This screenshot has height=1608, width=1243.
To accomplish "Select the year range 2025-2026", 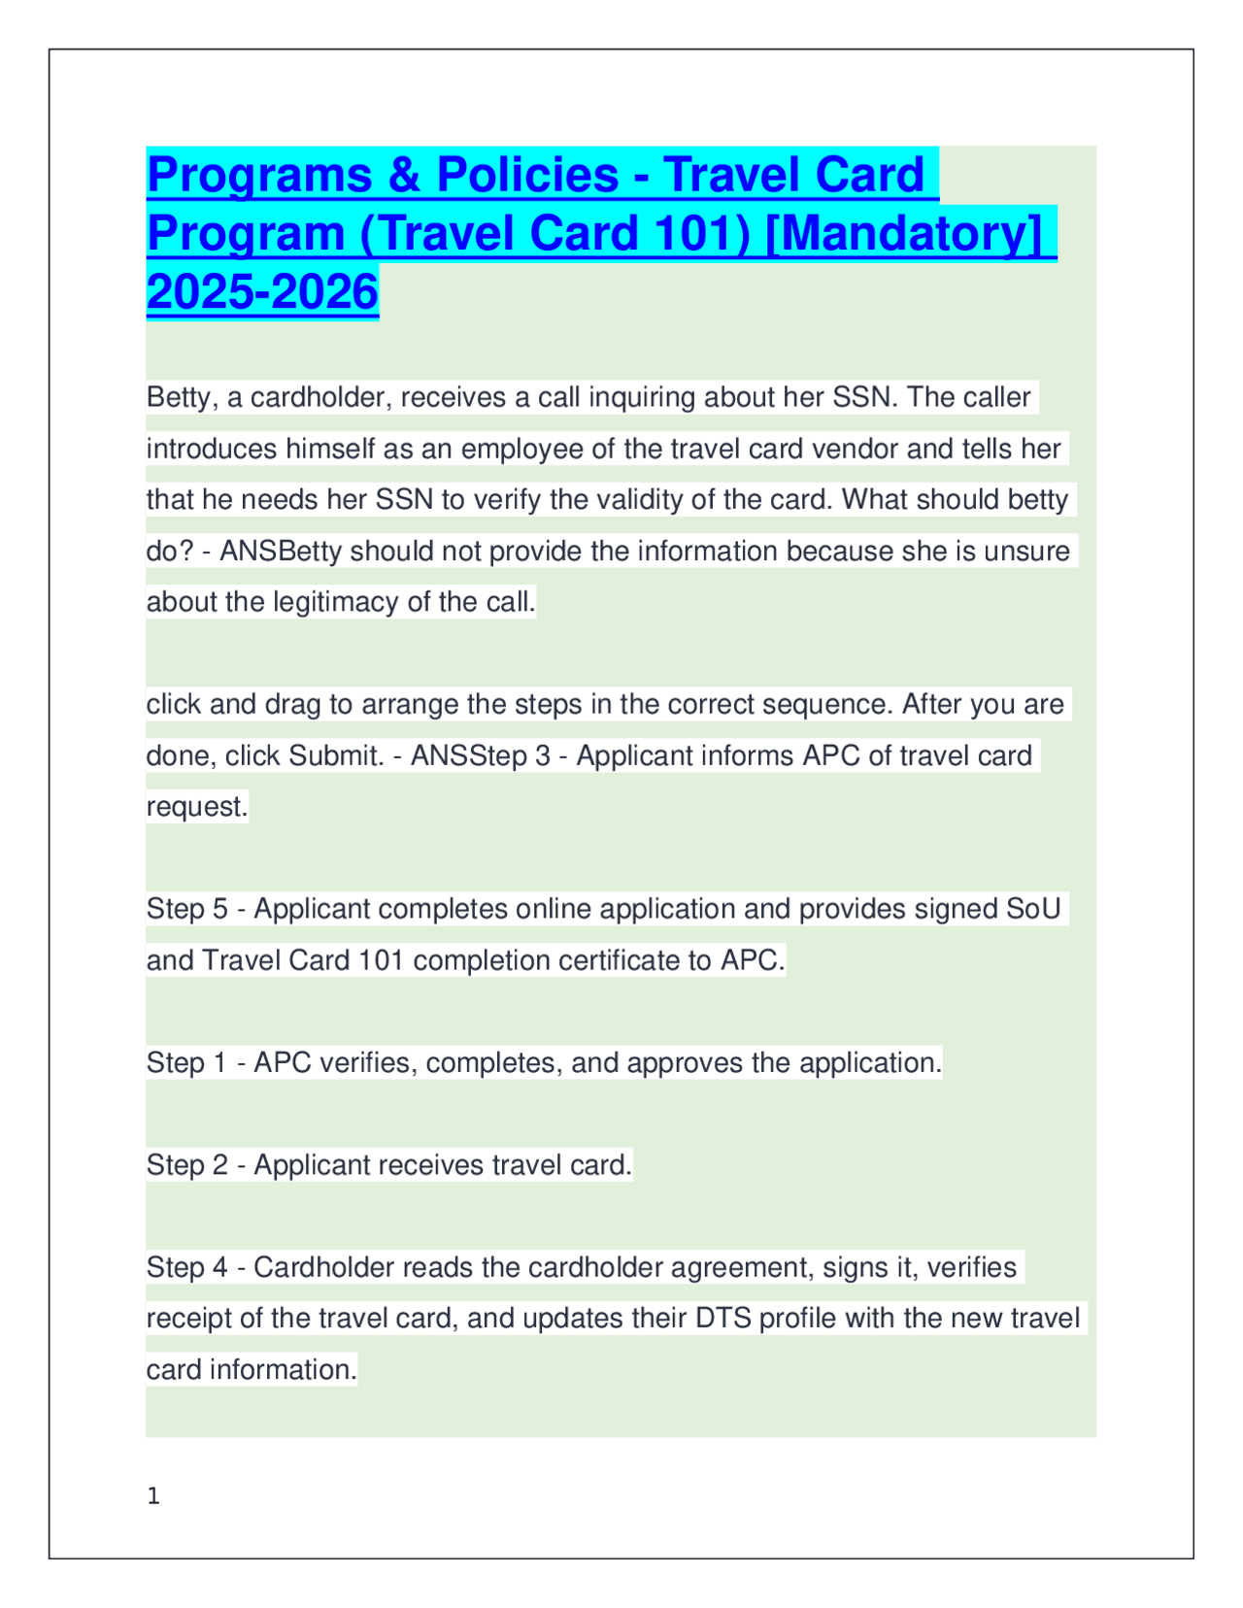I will click(262, 292).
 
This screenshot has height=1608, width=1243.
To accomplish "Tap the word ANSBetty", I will click(281, 551).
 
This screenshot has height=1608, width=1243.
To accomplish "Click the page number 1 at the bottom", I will click(153, 1496).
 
